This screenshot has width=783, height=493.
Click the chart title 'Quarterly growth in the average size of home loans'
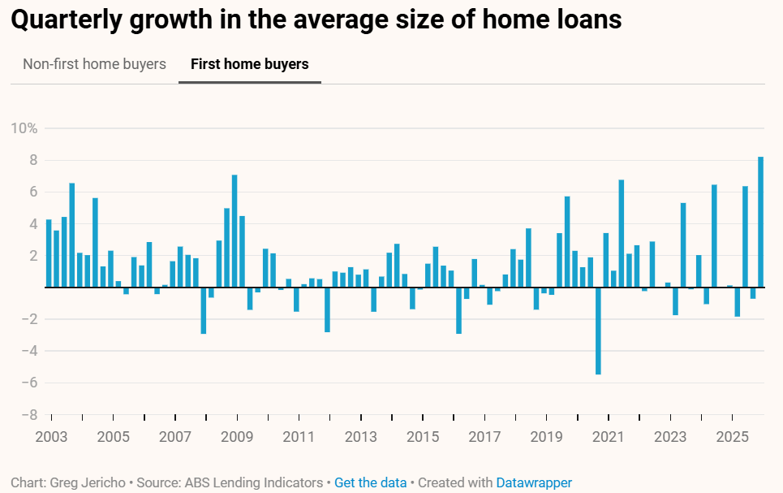click(x=316, y=20)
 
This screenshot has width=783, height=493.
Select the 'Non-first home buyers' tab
click(x=94, y=64)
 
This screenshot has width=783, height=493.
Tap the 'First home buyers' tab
click(x=249, y=64)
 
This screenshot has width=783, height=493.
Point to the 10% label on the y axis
click(x=24, y=128)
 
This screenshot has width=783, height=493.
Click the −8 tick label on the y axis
click(x=28, y=414)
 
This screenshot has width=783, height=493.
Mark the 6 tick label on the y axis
click(x=33, y=192)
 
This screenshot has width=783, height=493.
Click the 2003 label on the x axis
click(x=50, y=437)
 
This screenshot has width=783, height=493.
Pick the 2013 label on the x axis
click(x=360, y=437)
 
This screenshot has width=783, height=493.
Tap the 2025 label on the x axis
click(x=732, y=437)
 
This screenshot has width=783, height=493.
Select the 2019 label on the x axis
click(x=546, y=437)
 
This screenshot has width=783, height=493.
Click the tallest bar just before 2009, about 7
click(x=234, y=231)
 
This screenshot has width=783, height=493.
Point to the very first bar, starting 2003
click(x=49, y=253)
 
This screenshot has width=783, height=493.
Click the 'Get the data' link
click(x=370, y=482)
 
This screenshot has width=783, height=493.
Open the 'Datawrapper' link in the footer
click(x=534, y=482)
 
